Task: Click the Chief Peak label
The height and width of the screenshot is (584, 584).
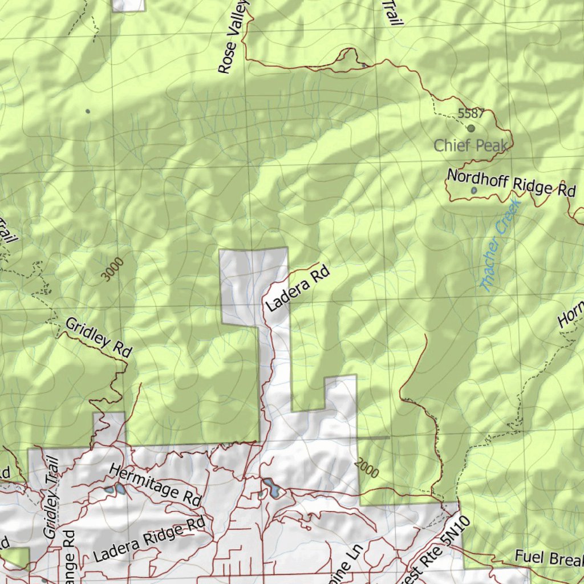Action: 470,145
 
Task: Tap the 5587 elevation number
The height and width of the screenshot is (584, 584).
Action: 471,114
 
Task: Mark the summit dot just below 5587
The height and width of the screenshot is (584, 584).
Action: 471,128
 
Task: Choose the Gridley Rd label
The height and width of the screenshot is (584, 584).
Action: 99,338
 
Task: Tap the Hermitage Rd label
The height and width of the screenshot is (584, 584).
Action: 155,485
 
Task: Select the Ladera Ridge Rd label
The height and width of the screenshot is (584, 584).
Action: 149,540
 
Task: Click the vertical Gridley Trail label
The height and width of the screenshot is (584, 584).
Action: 51,497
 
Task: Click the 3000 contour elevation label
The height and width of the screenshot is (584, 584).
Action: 113,270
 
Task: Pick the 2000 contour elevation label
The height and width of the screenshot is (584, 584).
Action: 366,468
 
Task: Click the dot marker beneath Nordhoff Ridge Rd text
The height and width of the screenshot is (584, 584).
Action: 474,190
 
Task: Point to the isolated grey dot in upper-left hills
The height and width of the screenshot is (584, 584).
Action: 87,111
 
